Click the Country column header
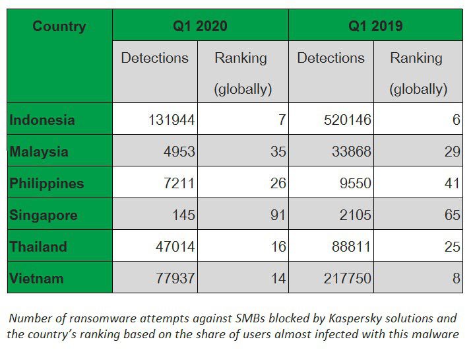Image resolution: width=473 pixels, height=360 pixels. point(59,26)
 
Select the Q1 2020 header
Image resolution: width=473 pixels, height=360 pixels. point(199,26)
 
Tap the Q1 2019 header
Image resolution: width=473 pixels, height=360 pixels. point(375,26)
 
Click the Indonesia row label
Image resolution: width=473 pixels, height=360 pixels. point(42,120)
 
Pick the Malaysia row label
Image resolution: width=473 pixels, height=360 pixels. point(39,152)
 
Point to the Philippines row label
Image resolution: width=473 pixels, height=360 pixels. point(47,184)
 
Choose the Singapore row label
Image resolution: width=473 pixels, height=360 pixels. point(44,215)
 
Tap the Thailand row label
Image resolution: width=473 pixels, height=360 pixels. point(38,247)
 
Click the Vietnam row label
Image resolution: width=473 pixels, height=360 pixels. point(37,279)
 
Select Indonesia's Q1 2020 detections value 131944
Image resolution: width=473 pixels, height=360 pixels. point(169,120)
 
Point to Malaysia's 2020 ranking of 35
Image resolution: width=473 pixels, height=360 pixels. point(278,152)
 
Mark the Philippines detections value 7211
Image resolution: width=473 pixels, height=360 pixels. point(179,184)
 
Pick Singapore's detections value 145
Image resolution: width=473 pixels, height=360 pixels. point(183,215)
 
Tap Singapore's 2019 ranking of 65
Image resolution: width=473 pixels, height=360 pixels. point(452,215)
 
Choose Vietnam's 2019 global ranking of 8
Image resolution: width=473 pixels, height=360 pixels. point(456,279)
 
